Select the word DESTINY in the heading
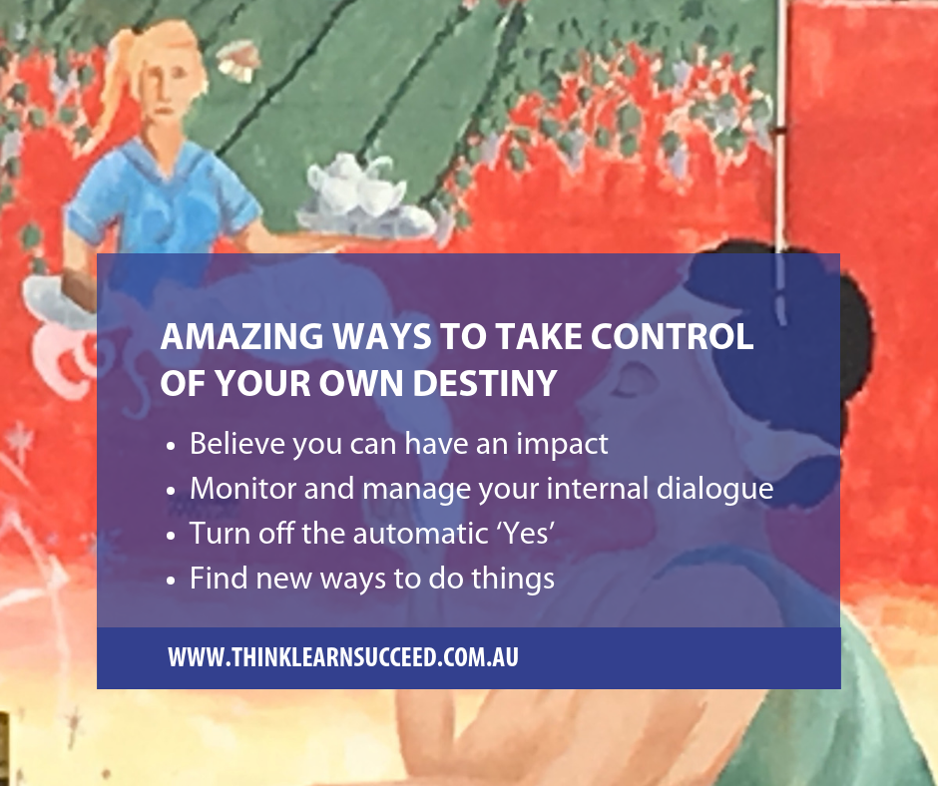coord(485,383)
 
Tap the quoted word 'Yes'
coord(527,534)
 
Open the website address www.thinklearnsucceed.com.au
coord(343,657)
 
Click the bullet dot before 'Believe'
coord(172,446)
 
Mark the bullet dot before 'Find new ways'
coord(172,581)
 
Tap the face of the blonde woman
coord(168,90)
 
